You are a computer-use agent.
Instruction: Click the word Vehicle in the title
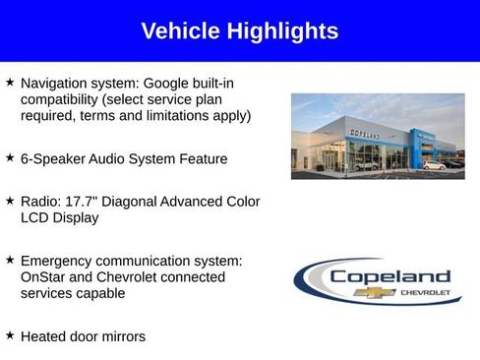[177, 31]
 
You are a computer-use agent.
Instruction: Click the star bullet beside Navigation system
[10, 84]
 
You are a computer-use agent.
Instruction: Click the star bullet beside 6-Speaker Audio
[10, 157]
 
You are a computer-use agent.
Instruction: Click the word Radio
[39, 202]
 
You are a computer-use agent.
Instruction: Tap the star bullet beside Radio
[10, 201]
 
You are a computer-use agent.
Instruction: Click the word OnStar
[44, 276]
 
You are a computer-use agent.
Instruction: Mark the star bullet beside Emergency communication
[10, 260]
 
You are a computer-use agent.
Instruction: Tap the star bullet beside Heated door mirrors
[10, 335]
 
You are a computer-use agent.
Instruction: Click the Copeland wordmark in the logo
[389, 276]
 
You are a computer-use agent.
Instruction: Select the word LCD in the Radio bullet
[36, 217]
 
